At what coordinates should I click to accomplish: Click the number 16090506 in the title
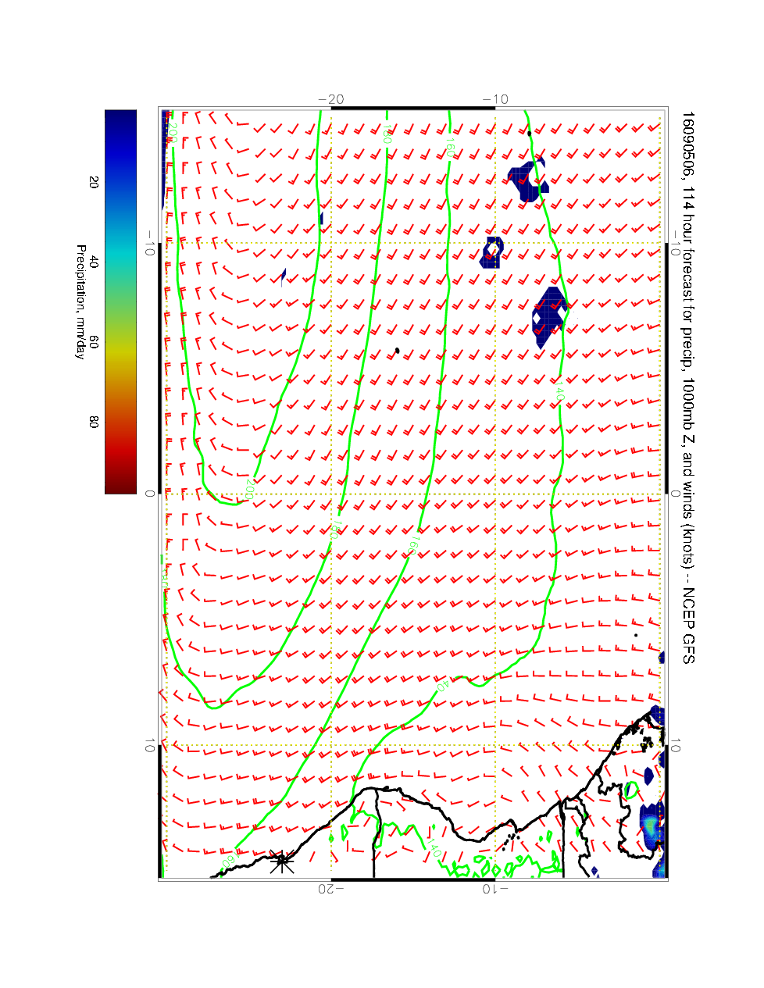point(687,145)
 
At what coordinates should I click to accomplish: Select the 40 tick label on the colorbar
point(94,262)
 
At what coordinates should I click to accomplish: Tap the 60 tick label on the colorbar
point(94,341)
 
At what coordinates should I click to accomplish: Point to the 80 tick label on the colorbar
point(94,421)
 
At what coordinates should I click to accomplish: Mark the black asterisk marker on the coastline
point(282,862)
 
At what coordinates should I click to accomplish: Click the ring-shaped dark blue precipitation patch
point(491,251)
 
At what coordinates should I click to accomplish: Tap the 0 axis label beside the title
point(676,494)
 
